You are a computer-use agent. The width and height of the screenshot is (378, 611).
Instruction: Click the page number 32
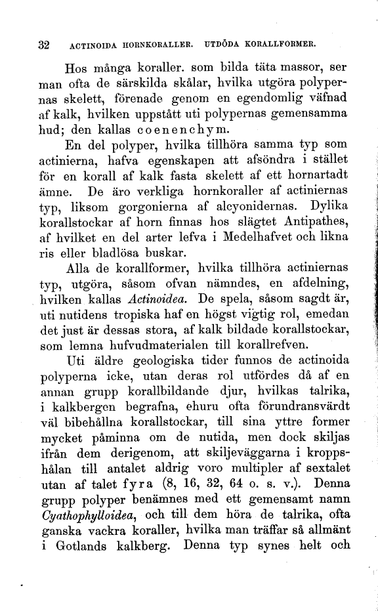pos(44,46)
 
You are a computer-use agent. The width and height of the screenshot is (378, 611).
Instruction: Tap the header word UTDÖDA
pos(226,47)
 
